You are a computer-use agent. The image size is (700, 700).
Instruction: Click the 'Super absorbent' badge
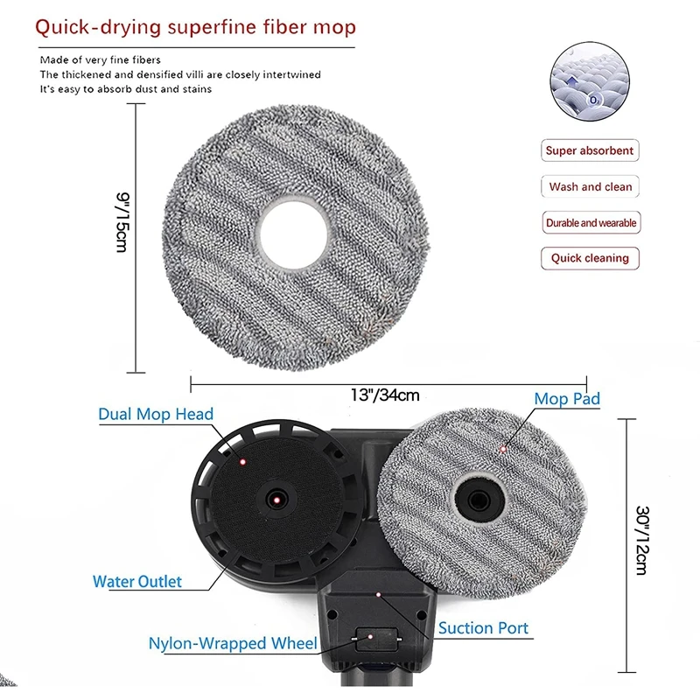589,150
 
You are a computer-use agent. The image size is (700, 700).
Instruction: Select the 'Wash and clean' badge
590,187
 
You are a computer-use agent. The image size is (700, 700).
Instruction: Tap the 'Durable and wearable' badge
591,223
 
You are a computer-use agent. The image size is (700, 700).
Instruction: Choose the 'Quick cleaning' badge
590,258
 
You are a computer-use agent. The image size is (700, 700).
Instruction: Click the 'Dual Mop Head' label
156,414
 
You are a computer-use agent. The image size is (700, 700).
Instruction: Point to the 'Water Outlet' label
137,581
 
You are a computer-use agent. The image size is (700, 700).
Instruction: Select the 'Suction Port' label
483,627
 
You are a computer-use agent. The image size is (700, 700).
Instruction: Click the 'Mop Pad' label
567,399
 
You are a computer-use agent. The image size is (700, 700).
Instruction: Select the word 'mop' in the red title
336,27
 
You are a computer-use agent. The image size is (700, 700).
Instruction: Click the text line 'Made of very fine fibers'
101,59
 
